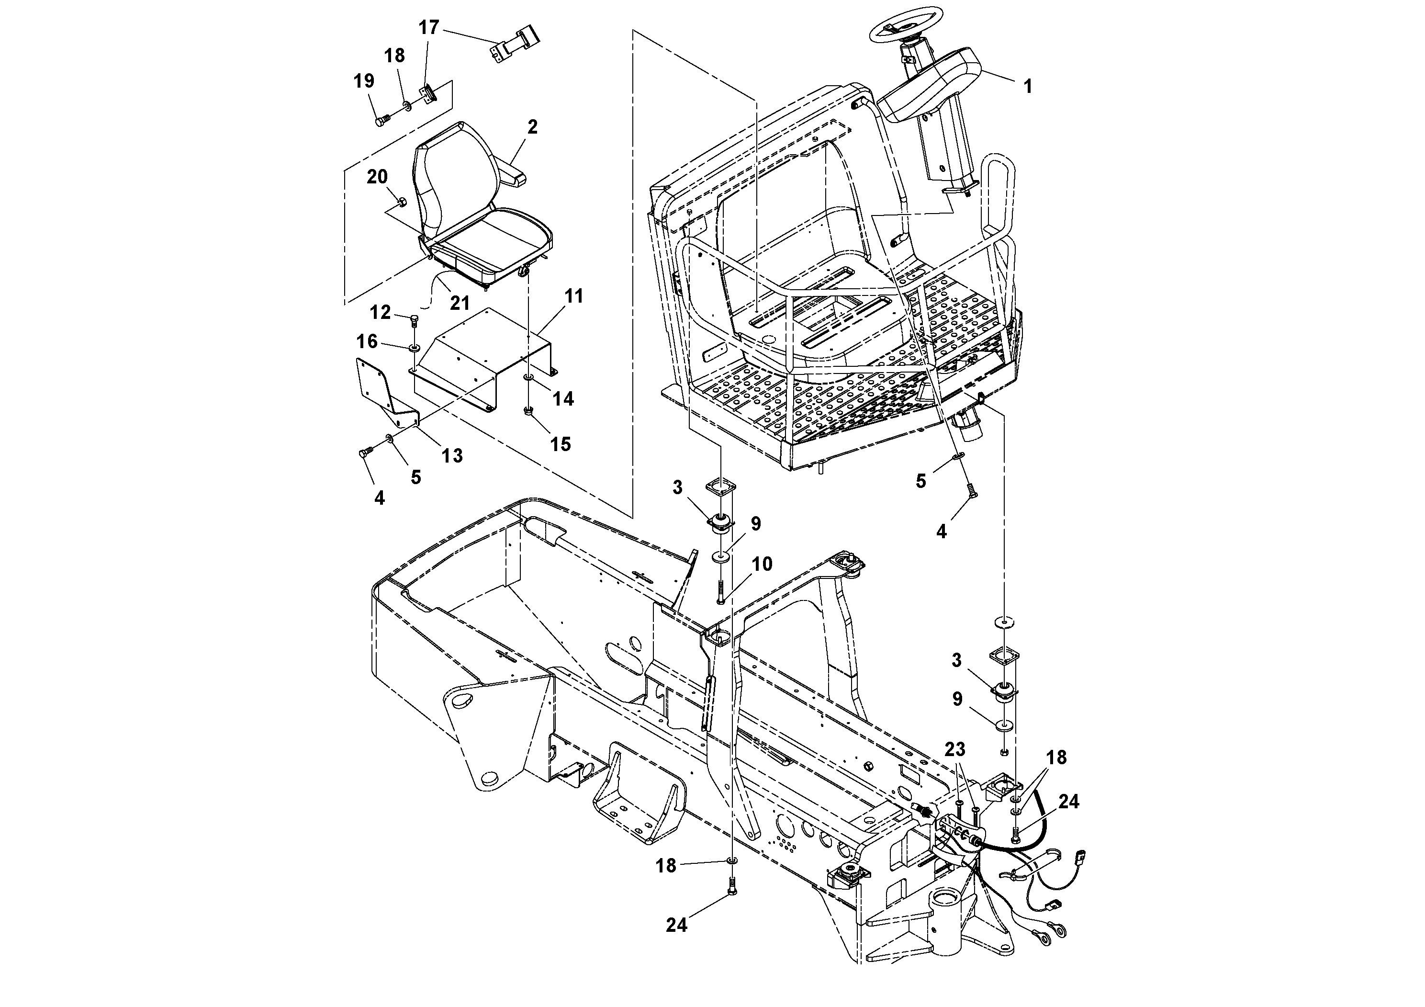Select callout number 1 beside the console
tap(1028, 86)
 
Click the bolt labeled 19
tap(381, 119)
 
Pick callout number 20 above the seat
tap(377, 177)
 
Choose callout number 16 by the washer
tap(367, 341)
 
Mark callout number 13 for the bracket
tap(452, 456)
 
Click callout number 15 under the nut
tap(561, 444)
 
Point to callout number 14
tap(563, 398)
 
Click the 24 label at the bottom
tap(676, 942)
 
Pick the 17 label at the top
tap(429, 27)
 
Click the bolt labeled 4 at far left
tap(365, 454)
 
